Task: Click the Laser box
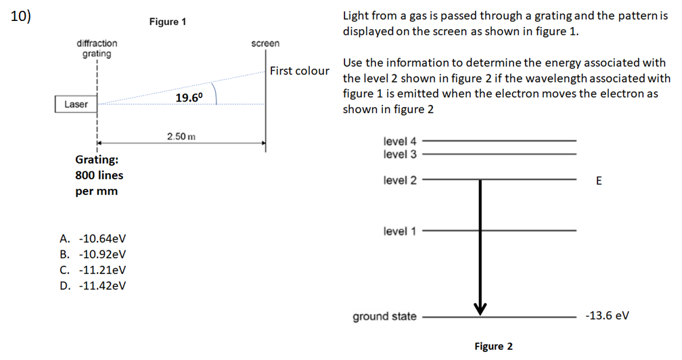(75, 104)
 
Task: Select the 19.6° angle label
(189, 98)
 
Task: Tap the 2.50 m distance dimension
(181, 136)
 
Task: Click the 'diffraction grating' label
(97, 48)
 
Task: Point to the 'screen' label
(265, 43)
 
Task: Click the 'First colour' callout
(299, 70)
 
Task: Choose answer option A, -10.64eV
(93, 239)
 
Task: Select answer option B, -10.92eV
(93, 254)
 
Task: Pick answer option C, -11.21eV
(93, 270)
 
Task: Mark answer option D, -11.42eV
(93, 285)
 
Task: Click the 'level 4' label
(400, 141)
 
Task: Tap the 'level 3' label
(400, 154)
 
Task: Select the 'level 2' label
(400, 180)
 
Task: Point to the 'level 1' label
(400, 231)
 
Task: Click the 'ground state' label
(384, 316)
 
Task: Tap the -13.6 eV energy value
(607, 316)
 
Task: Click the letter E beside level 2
(598, 181)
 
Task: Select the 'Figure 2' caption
(493, 346)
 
